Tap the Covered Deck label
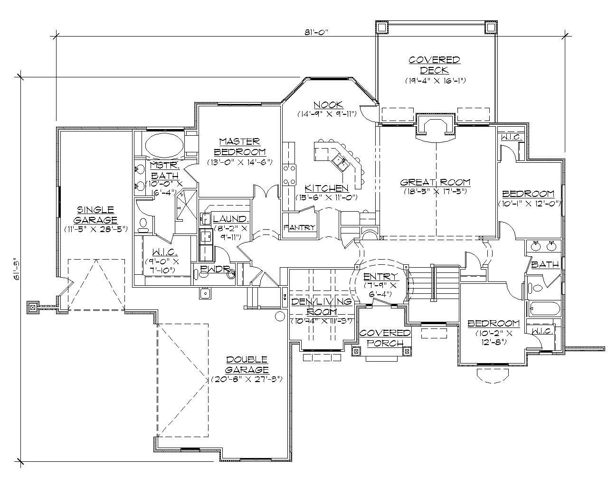tap(434, 65)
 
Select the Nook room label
tap(328, 104)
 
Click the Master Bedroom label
tap(239, 147)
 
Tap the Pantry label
tap(299, 227)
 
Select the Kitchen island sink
tap(341, 162)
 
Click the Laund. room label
tap(230, 219)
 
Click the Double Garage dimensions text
tap(247, 379)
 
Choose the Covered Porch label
tap(385, 337)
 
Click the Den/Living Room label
tap(322, 307)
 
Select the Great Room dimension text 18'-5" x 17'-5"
tap(435, 191)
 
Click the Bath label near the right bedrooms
tap(545, 264)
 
